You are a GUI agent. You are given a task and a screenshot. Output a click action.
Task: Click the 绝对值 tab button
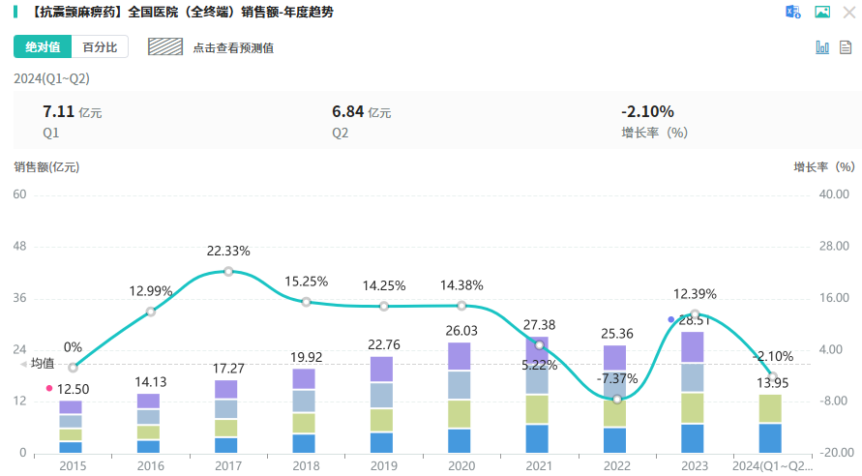(x=43, y=46)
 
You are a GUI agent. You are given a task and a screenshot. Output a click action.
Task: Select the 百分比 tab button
(x=100, y=46)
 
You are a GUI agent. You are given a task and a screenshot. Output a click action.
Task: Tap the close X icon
(x=848, y=12)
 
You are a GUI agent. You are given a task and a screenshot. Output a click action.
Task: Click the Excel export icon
(x=793, y=12)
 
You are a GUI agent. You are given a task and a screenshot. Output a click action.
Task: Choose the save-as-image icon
(x=822, y=12)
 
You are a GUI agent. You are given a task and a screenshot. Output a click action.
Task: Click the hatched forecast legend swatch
(x=165, y=46)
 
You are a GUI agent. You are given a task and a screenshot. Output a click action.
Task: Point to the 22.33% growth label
(x=228, y=251)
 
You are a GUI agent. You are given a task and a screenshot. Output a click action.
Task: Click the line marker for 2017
(x=228, y=272)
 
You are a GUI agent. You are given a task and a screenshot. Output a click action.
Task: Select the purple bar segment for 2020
(x=461, y=356)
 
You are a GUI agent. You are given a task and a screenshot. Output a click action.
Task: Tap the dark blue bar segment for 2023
(x=694, y=438)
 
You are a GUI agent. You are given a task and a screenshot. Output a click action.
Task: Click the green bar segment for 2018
(x=306, y=423)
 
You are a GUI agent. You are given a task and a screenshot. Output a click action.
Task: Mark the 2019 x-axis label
(x=383, y=465)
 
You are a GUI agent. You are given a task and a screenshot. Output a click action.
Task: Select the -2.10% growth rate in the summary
(x=647, y=111)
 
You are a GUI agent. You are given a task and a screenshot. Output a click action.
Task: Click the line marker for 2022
(x=617, y=399)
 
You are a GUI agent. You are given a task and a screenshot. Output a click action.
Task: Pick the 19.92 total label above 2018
(x=306, y=357)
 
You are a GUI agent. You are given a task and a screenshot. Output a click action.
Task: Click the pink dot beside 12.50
(x=49, y=388)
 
